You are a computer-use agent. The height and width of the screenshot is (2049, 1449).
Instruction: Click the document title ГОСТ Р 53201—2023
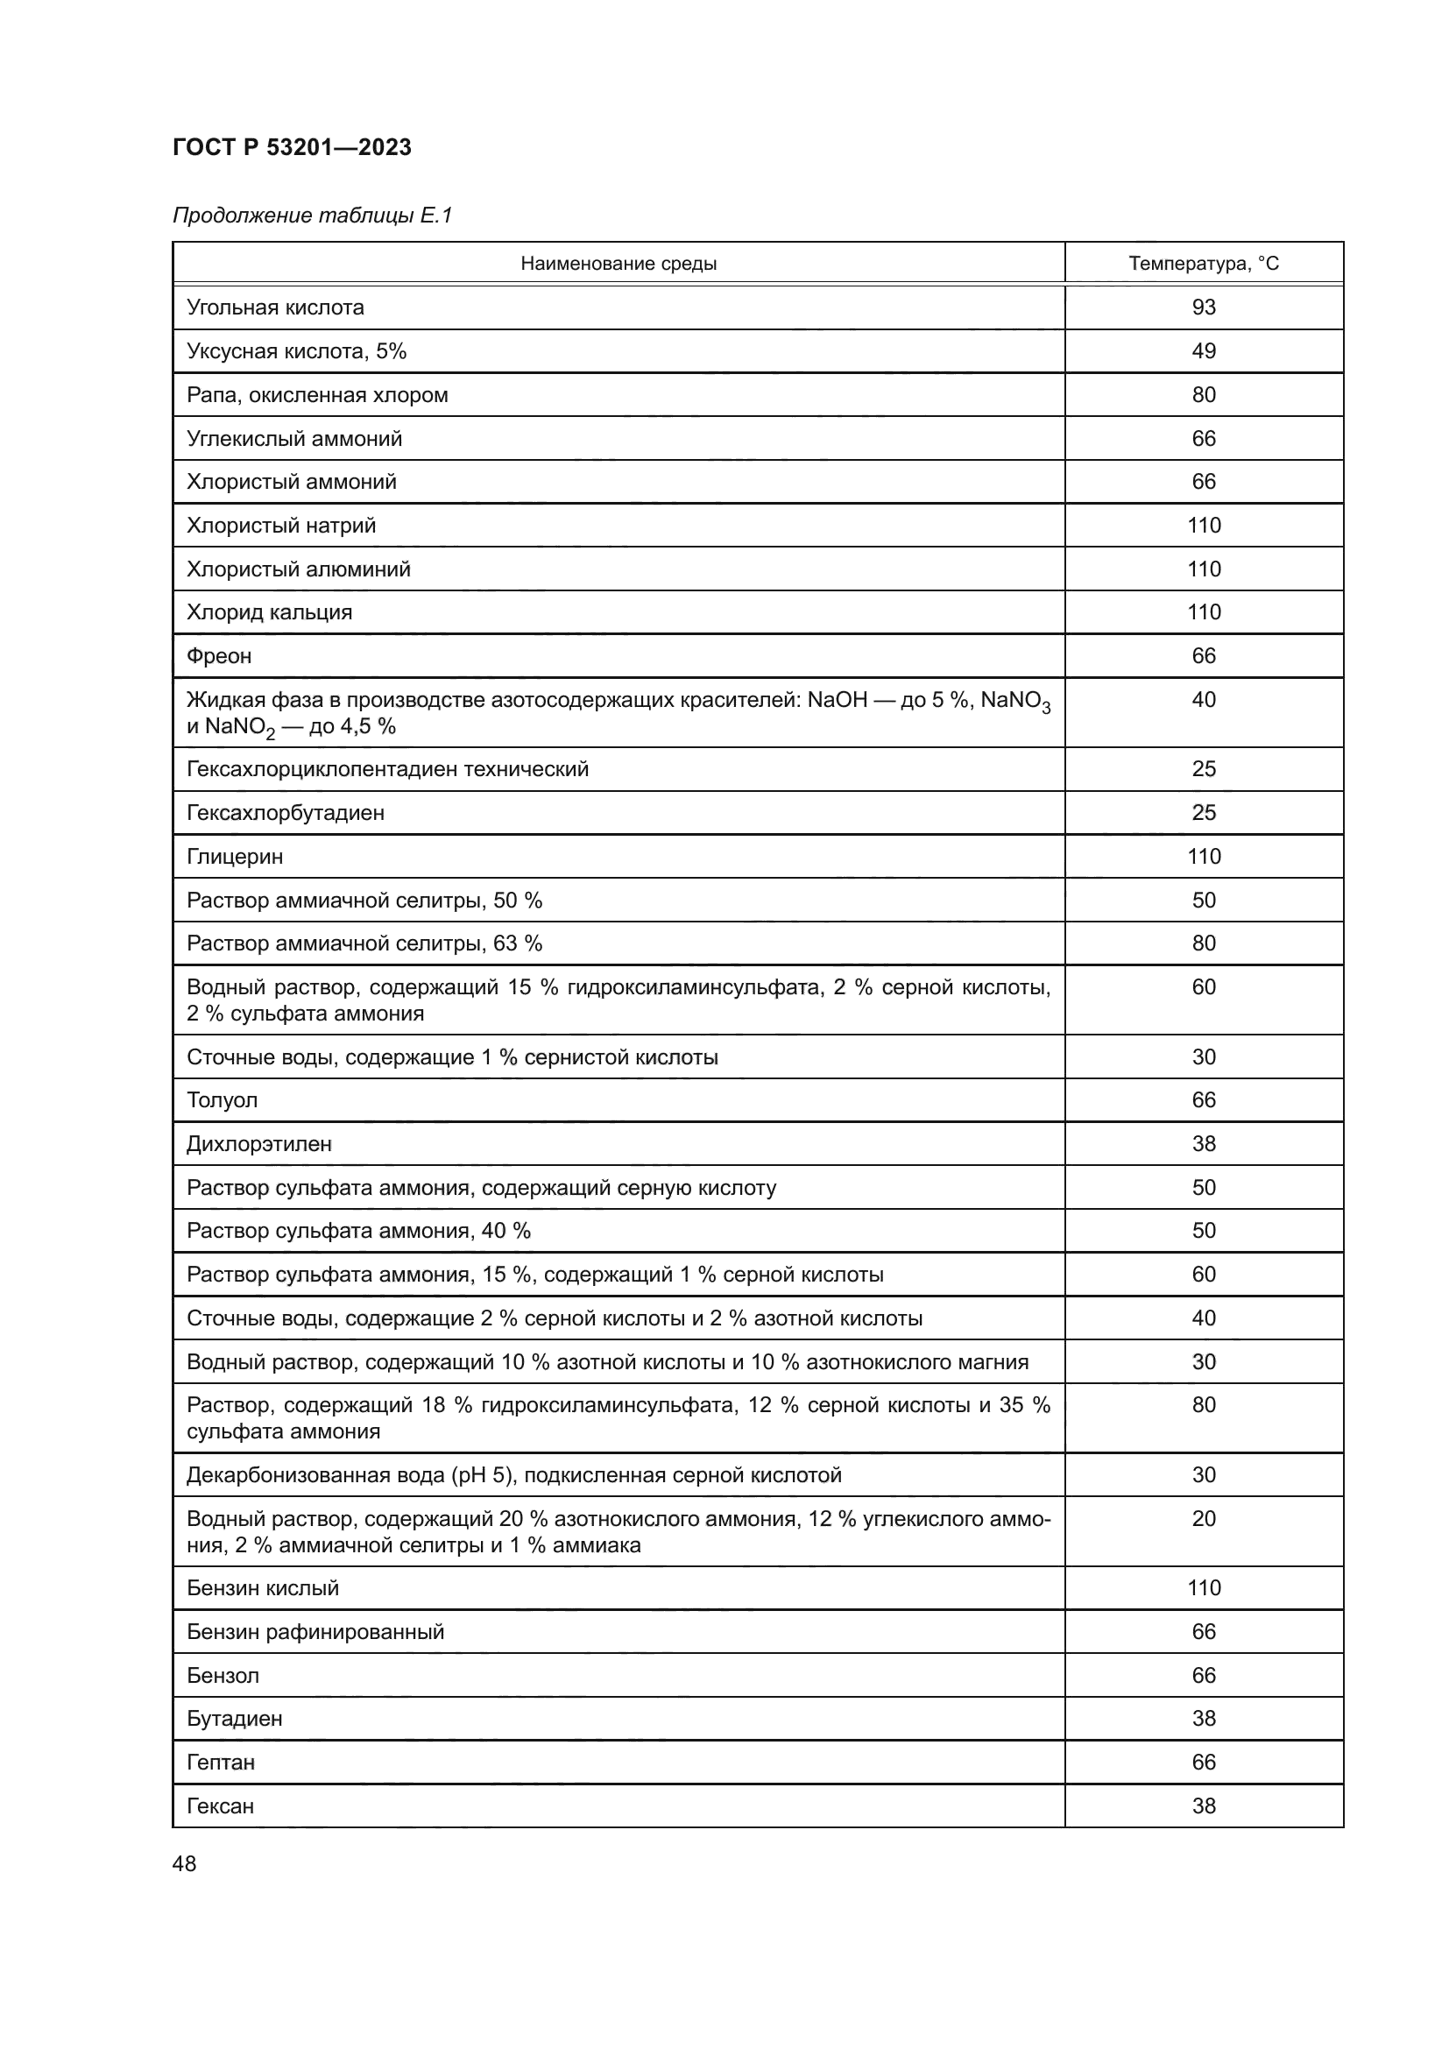[292, 147]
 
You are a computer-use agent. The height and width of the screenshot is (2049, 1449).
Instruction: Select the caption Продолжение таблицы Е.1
[312, 215]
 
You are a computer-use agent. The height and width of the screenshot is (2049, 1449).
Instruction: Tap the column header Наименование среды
[618, 264]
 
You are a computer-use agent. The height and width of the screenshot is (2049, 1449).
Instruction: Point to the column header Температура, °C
[1203, 264]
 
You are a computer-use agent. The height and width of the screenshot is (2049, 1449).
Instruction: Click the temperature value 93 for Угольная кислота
[1203, 307]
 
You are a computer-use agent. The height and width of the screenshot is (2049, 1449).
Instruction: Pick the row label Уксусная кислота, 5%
[296, 350]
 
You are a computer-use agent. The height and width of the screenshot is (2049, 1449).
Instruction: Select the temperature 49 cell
[1203, 350]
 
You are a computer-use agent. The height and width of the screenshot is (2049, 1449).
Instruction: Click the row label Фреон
[219, 656]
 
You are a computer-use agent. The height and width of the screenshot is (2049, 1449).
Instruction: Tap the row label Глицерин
[235, 857]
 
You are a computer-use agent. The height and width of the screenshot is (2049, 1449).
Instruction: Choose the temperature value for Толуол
[1203, 1099]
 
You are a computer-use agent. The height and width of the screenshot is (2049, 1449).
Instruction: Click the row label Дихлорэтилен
[258, 1143]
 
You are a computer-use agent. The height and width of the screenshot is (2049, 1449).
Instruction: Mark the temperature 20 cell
[1203, 1518]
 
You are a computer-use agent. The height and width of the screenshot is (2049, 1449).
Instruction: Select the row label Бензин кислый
[262, 1587]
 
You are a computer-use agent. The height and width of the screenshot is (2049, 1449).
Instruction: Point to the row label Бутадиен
[234, 1718]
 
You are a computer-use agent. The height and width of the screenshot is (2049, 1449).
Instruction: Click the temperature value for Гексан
[1203, 1805]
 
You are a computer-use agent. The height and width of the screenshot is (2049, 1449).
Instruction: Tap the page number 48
[184, 1863]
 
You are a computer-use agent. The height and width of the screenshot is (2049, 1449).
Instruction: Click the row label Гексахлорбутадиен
[286, 812]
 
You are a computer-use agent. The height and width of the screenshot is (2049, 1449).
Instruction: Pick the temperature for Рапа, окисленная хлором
[1203, 394]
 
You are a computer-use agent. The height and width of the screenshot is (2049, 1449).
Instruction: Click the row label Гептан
[221, 1762]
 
